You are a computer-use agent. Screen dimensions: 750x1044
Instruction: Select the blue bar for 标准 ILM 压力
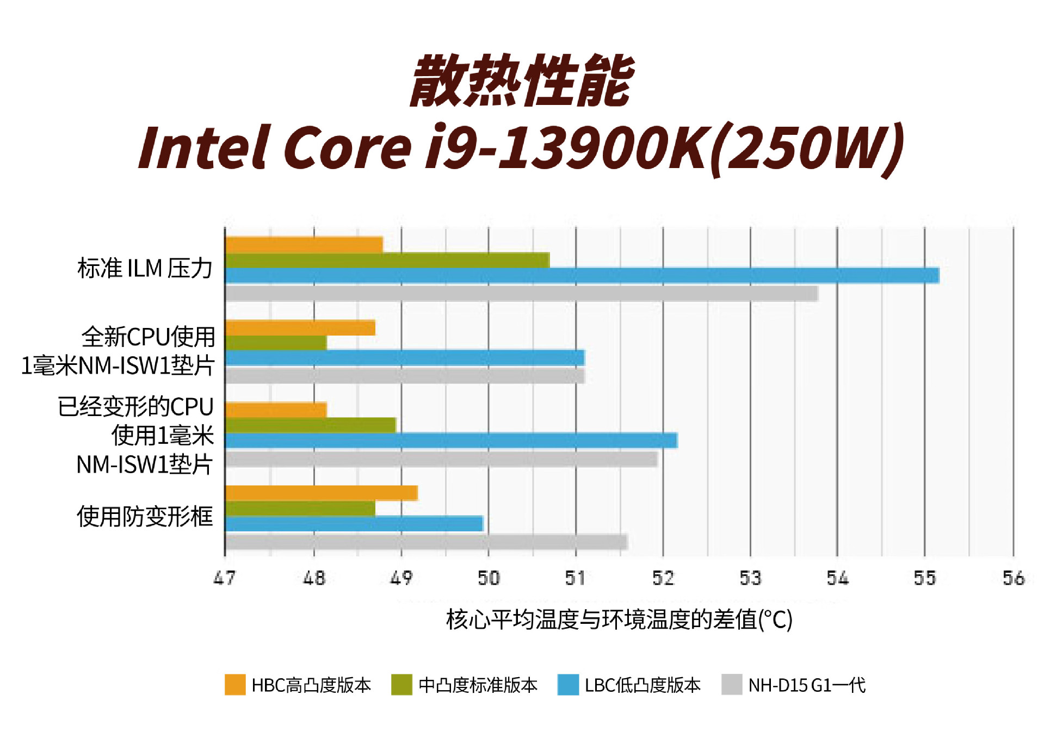coord(582,276)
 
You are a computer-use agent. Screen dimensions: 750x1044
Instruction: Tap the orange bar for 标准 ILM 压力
coord(304,245)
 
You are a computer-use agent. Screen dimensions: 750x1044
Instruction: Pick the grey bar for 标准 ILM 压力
coord(521,294)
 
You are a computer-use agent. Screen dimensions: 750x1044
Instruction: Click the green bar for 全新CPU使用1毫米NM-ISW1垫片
coord(276,343)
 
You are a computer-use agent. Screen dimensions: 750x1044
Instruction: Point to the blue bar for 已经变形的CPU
coord(451,440)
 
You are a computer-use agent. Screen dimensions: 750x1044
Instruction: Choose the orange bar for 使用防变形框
coord(321,493)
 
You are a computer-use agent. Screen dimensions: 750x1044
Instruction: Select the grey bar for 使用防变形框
coord(426,542)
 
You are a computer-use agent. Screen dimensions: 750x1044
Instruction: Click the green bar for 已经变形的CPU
coord(310,425)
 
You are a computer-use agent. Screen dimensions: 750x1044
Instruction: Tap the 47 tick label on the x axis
coord(225,578)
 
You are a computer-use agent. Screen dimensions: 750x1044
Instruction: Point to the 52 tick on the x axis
coord(663,578)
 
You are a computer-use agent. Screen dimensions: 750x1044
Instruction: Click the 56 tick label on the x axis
coord(1014,578)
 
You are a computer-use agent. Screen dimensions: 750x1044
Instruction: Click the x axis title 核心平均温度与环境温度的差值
coord(619,619)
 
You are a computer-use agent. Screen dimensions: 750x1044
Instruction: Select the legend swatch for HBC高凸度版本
coord(235,685)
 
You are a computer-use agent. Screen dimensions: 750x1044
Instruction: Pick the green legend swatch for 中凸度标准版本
coord(401,685)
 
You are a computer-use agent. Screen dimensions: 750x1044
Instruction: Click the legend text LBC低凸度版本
coord(643,685)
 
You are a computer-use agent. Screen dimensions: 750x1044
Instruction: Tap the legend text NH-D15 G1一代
coord(807,685)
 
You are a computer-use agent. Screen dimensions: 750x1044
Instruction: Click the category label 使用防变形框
coord(145,516)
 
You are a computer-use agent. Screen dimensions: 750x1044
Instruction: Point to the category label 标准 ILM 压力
coord(145,268)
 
